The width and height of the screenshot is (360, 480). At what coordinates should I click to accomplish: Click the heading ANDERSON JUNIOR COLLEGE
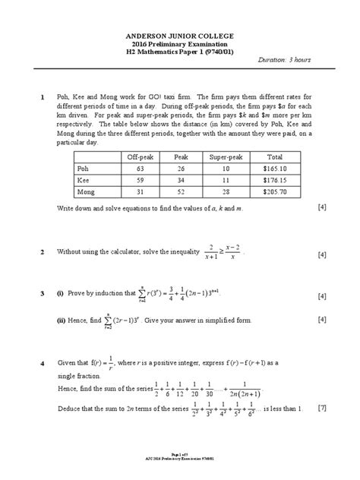pyautogui.click(x=180, y=36)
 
